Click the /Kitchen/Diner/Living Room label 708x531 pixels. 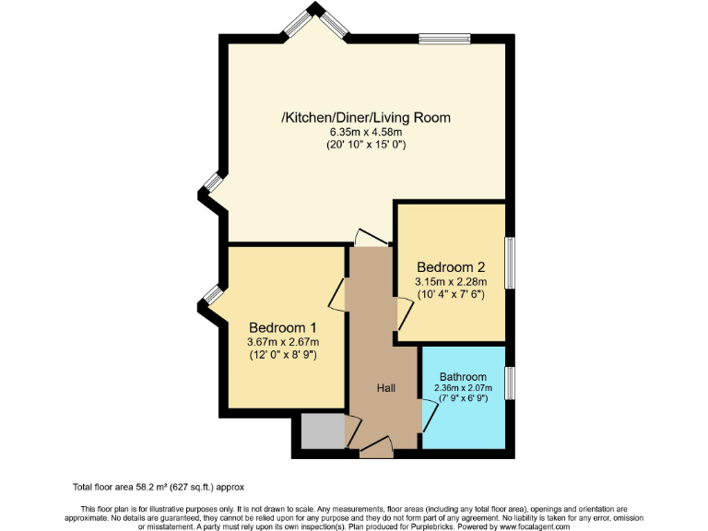click(366, 119)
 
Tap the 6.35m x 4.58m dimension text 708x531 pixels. click(366, 133)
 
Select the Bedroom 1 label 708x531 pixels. click(283, 328)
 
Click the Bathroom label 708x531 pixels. click(463, 377)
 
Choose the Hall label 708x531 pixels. click(385, 388)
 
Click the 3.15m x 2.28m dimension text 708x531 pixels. click(451, 281)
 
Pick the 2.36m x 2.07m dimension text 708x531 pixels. click(463, 388)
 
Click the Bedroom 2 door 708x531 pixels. click(404, 314)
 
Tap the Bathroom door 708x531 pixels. click(429, 416)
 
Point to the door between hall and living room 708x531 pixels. click(372, 238)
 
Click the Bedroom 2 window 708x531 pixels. click(509, 265)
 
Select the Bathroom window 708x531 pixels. click(509, 382)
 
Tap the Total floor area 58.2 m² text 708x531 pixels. click(159, 486)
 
